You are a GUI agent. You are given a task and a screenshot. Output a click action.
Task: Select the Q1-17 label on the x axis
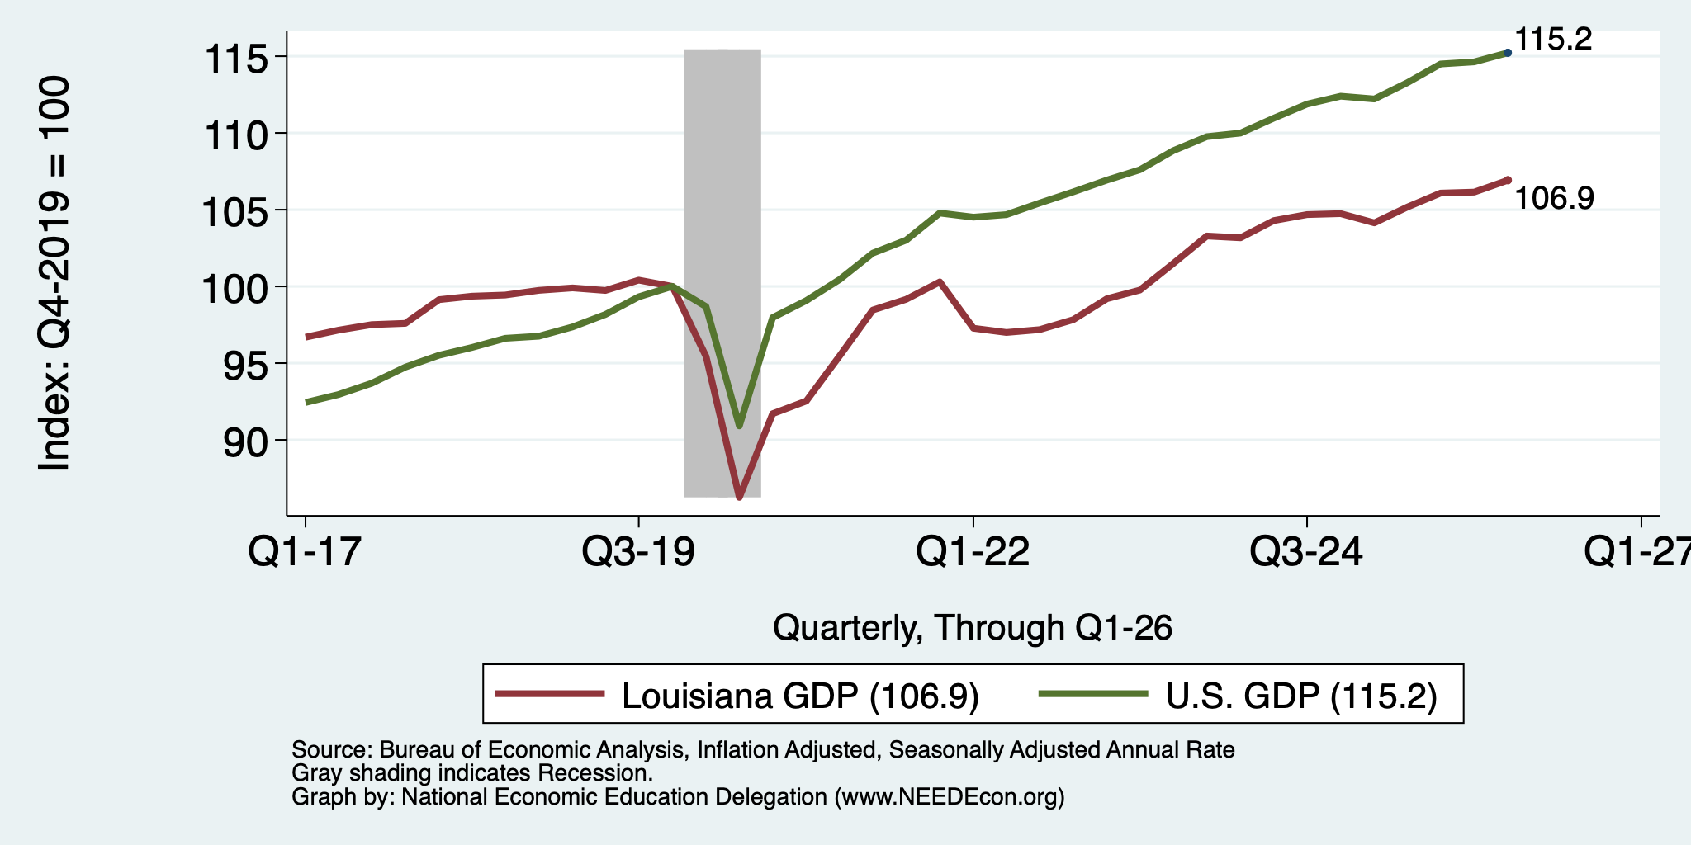pyautogui.click(x=306, y=551)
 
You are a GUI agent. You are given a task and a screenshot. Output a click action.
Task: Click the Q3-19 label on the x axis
pyautogui.click(x=638, y=551)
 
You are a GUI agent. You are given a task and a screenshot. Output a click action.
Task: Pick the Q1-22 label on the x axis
pyautogui.click(x=973, y=551)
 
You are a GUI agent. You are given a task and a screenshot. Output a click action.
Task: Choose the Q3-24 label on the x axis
pyautogui.click(x=1306, y=551)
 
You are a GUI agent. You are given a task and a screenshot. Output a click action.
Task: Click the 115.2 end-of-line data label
pyautogui.click(x=1553, y=39)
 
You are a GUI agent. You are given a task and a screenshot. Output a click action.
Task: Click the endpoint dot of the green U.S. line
pyautogui.click(x=1508, y=53)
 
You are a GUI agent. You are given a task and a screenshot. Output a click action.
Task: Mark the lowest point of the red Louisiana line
pyautogui.click(x=739, y=498)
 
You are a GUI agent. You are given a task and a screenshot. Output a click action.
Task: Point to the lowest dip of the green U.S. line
pyautogui.click(x=739, y=426)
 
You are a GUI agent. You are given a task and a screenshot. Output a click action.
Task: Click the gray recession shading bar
pyautogui.click(x=722, y=273)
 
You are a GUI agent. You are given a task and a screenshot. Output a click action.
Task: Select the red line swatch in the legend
pyautogui.click(x=549, y=694)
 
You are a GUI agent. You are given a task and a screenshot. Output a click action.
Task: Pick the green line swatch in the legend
pyautogui.click(x=1092, y=694)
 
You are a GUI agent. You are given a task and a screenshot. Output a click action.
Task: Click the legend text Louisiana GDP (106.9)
pyautogui.click(x=800, y=696)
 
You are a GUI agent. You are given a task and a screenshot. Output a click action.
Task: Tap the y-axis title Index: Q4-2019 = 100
pyautogui.click(x=54, y=273)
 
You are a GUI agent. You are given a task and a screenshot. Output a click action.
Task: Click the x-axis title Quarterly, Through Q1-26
pyautogui.click(x=973, y=628)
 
